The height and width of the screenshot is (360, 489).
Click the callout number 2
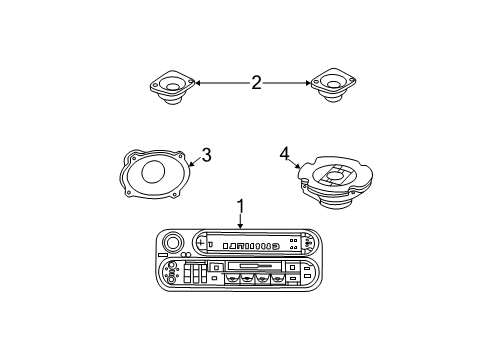coord(256,83)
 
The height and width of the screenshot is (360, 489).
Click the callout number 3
coord(205,154)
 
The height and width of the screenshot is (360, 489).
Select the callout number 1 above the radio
coord(240,206)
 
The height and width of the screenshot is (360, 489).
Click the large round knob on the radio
coord(172,243)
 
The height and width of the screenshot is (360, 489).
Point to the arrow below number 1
coord(240,222)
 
